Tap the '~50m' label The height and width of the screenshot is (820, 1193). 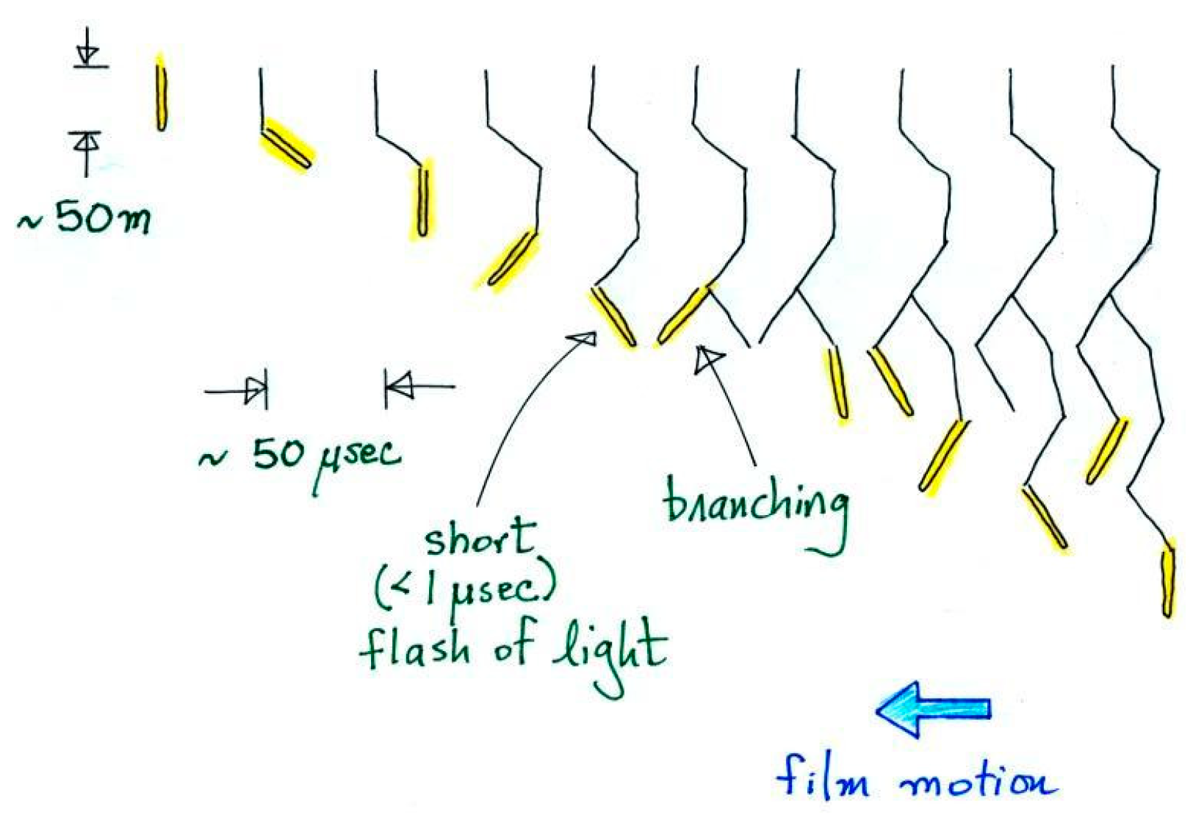point(84,218)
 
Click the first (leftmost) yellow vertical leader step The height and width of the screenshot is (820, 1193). point(161,93)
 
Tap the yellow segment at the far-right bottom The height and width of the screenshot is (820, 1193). point(1167,580)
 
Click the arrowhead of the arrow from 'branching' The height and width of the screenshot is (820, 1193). point(708,358)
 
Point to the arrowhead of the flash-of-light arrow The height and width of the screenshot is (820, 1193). point(584,338)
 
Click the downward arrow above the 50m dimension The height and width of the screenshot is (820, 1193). point(89,50)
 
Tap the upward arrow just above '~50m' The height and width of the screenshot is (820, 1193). point(87,147)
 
